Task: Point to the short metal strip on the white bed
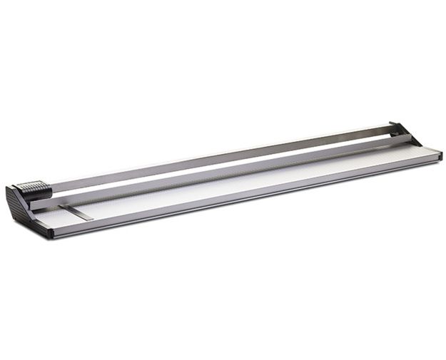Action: [x=76, y=212]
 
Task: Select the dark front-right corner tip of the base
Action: [x=439, y=155]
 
